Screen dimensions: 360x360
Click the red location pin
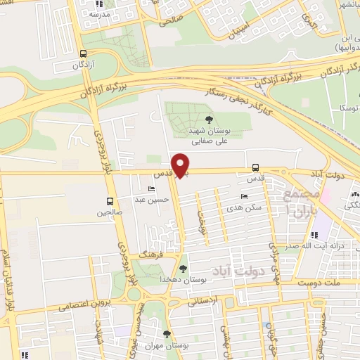point(181,165)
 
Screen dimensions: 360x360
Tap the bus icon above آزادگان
point(84,53)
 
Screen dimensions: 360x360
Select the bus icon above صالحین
point(109,200)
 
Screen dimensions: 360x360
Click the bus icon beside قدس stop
point(255,167)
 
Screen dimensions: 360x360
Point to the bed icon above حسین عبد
point(152,189)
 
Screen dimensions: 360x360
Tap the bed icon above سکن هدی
point(243,197)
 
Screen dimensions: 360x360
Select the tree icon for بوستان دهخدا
point(184,268)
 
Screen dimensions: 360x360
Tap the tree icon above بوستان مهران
point(167,335)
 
